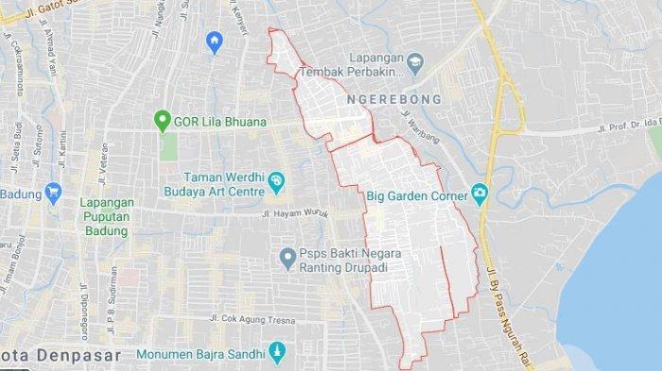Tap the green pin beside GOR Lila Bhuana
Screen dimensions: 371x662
(162, 121)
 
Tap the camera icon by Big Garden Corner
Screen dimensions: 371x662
(479, 196)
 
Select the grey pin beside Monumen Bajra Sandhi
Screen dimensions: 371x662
(277, 350)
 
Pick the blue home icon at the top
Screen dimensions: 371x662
(214, 42)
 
